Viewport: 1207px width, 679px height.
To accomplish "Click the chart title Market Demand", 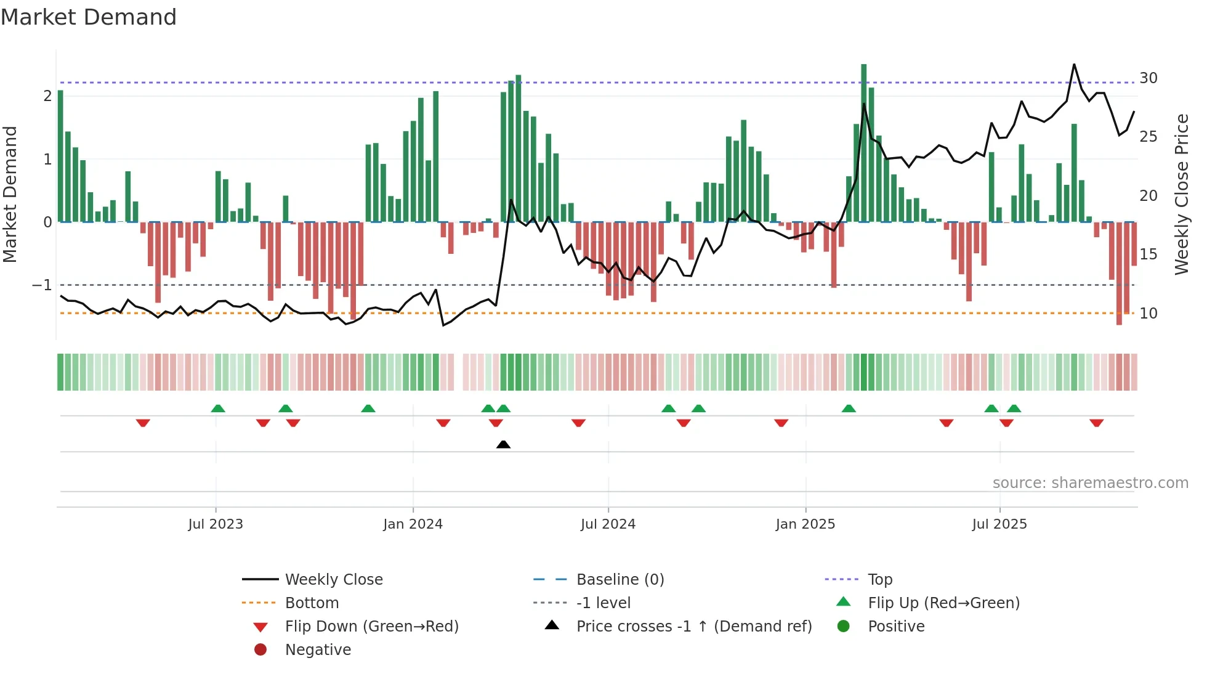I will click(89, 17).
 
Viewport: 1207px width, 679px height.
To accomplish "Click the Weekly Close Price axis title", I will click(1181, 194).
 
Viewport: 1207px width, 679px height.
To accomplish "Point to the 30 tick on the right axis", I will click(1148, 78).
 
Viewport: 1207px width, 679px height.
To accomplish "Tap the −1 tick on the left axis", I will click(42, 285).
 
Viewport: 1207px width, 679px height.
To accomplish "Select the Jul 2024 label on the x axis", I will click(608, 524).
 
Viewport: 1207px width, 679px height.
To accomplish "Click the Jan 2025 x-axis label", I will click(805, 524).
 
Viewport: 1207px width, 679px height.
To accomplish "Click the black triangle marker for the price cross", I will click(503, 444).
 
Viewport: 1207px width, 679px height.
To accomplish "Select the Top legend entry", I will click(880, 580).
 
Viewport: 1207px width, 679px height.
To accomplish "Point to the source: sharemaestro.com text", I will click(1090, 483).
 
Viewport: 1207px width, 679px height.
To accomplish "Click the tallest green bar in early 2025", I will click(863, 142).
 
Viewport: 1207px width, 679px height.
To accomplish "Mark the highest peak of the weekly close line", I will click(1074, 65).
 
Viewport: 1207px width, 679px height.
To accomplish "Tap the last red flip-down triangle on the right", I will click(1096, 423).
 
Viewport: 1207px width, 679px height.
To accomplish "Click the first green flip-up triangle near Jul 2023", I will click(218, 409).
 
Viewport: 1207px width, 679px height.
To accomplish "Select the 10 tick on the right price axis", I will click(1148, 314).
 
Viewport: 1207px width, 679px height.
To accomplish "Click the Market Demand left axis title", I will click(10, 194).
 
